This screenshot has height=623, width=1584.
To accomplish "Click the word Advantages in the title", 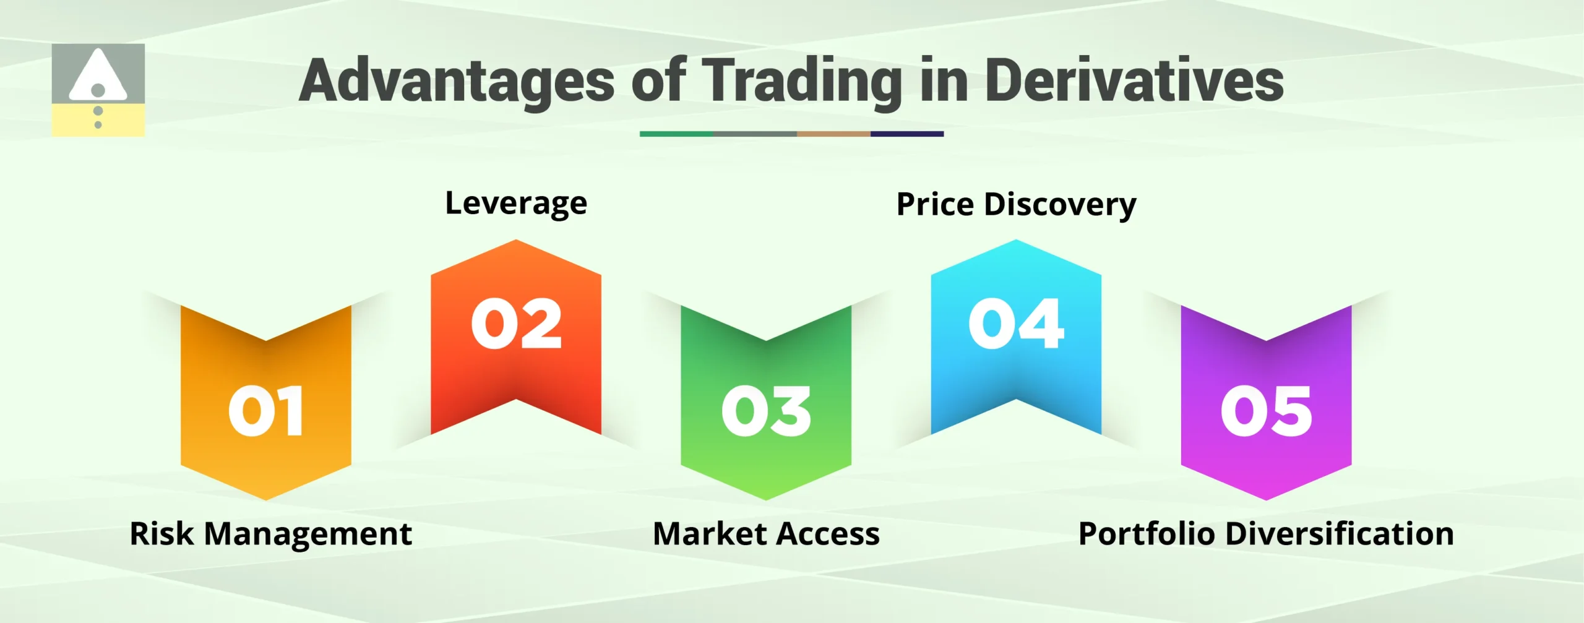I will (x=457, y=82).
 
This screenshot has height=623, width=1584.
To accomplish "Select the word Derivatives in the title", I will (x=1134, y=82).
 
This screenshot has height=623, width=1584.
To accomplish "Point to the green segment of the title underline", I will (x=676, y=134).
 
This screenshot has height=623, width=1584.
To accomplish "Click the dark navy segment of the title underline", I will (x=906, y=134).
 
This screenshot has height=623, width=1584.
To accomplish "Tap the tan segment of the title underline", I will (x=833, y=134).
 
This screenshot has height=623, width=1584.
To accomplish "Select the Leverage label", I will (x=516, y=204).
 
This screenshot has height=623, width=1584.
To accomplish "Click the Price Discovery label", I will (x=1016, y=205).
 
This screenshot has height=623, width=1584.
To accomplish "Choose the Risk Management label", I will (x=270, y=534).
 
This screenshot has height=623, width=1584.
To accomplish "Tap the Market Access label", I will (x=766, y=534).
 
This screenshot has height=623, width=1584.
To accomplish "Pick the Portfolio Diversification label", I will (x=1266, y=534).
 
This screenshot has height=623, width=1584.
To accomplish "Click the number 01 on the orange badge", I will (x=266, y=411).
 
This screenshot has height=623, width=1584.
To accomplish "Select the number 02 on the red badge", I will (x=517, y=324).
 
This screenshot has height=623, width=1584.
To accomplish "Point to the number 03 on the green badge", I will (x=766, y=411).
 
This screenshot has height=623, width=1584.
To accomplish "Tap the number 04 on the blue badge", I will (x=1016, y=324).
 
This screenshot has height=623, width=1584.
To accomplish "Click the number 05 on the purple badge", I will (x=1266, y=411).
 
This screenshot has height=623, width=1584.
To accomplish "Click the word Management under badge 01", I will (x=308, y=534).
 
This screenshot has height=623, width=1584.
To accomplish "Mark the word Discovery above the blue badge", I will (x=1060, y=205).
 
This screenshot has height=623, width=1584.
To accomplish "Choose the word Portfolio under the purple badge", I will (x=1146, y=534).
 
